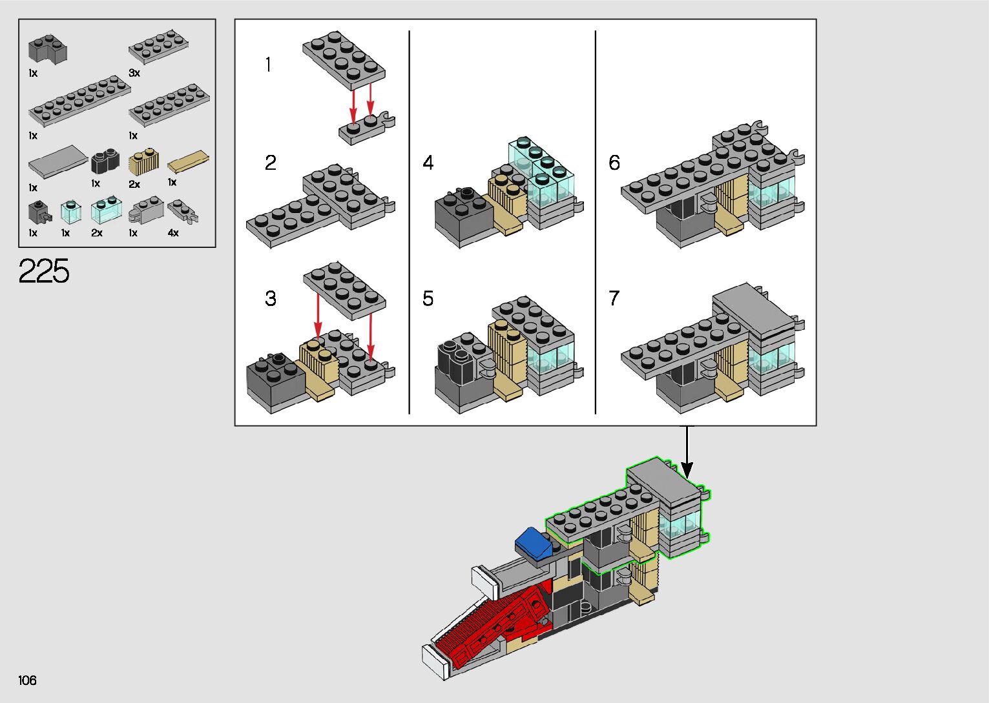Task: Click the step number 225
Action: pos(44,270)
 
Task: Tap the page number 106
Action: pos(27,680)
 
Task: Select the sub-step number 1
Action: pos(268,65)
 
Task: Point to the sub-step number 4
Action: pos(428,163)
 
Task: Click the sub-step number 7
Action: pos(614,298)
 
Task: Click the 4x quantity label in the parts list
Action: pos(173,232)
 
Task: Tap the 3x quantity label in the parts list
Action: pos(134,73)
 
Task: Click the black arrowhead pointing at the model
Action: pos(687,471)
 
